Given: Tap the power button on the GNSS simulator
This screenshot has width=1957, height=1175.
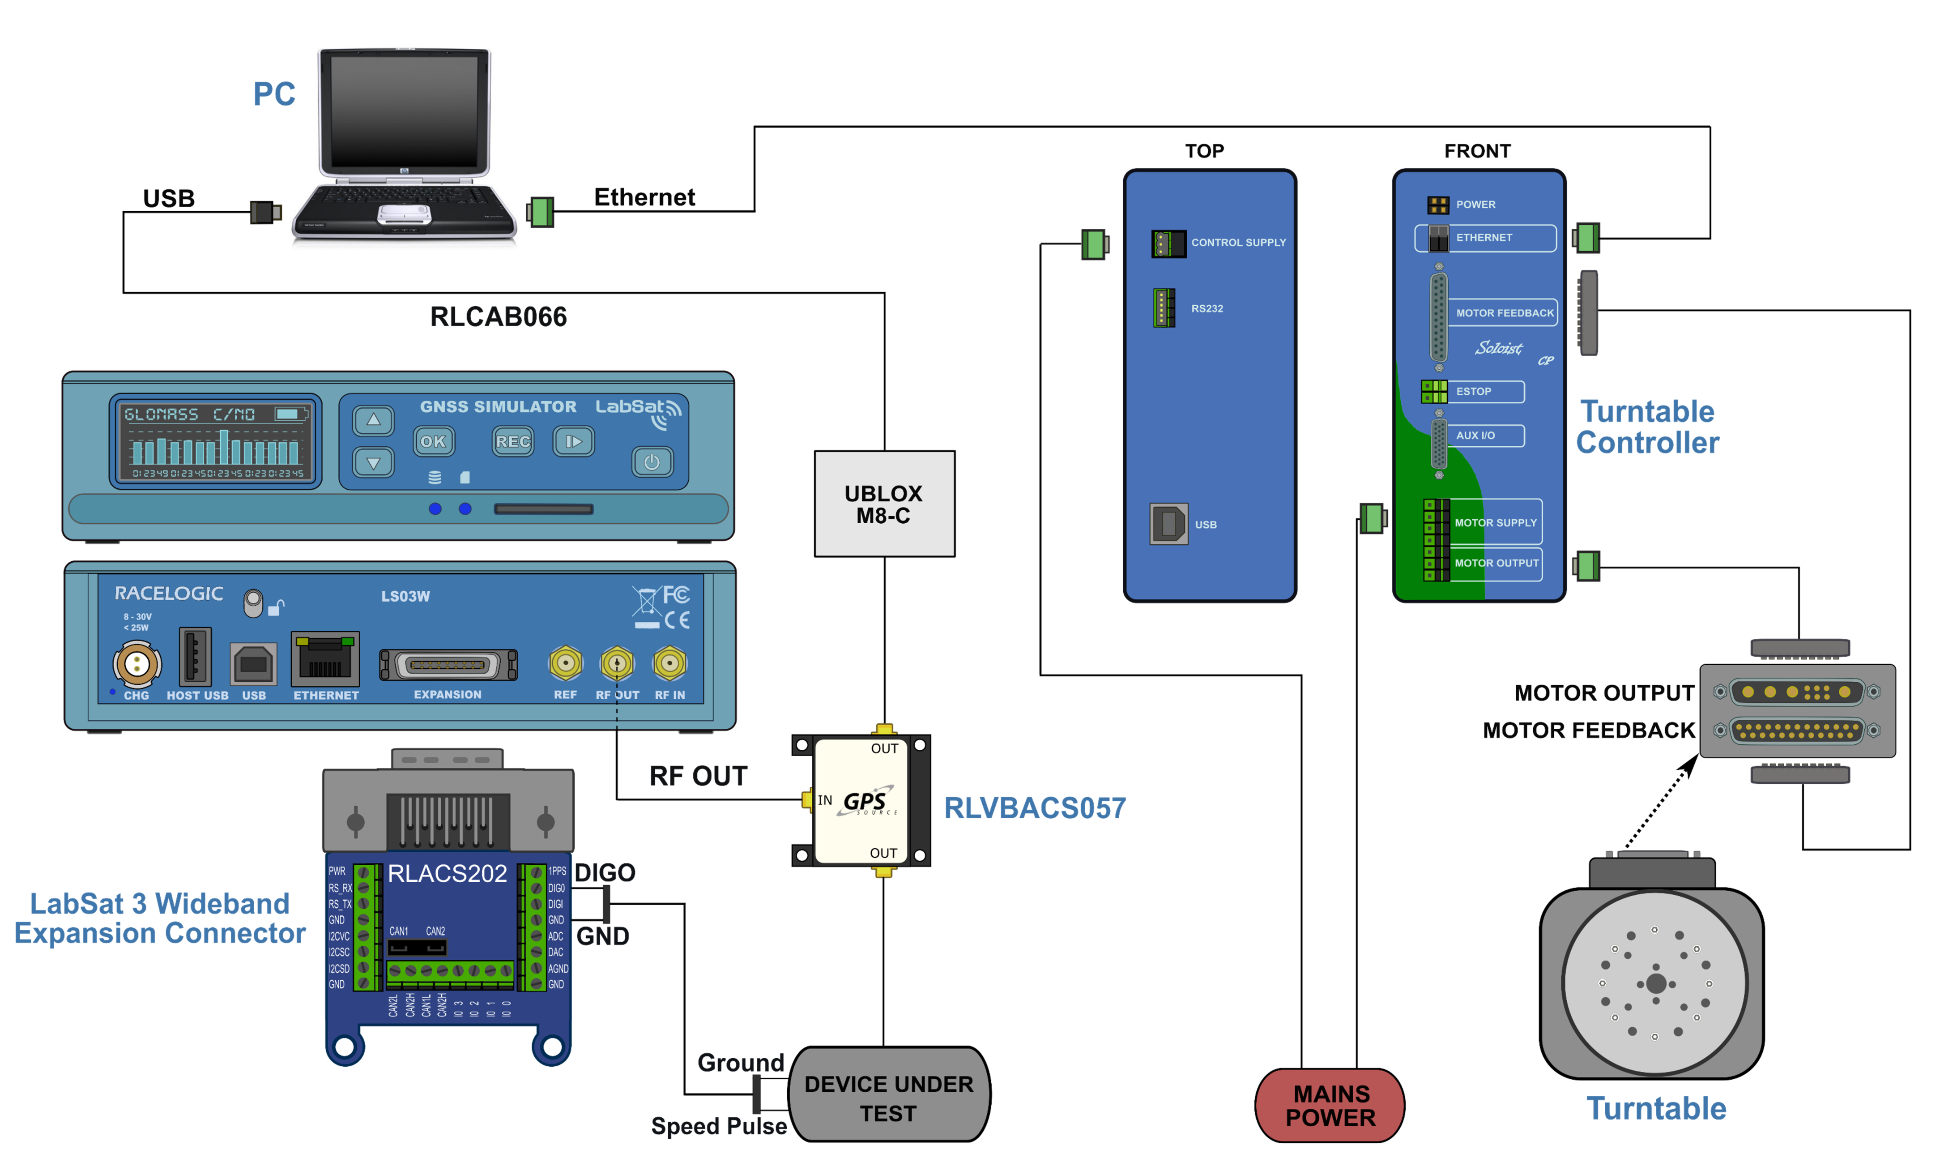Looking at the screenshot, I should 652,461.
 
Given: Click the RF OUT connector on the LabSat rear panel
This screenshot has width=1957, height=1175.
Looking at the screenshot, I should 617,663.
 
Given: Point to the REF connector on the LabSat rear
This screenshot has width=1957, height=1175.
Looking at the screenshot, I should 565,663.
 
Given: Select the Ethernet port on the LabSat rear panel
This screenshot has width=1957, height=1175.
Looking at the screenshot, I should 325,659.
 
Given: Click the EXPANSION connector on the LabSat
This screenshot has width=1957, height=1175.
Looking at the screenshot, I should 448,665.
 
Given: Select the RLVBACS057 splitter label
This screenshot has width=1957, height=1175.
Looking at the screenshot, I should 1034,808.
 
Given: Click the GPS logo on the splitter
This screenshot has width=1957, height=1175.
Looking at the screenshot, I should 866,801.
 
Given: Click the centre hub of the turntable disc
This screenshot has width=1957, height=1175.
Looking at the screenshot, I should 1655,983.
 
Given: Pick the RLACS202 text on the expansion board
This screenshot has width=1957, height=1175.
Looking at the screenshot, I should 447,873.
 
